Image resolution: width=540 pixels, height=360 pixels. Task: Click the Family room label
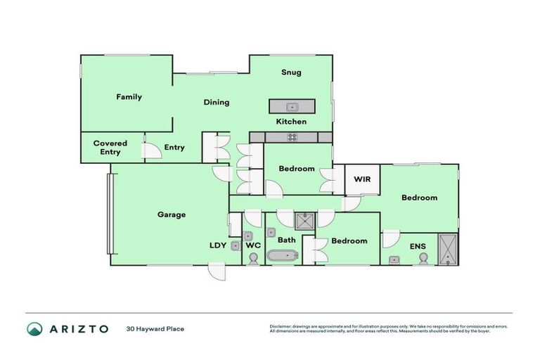coord(129,97)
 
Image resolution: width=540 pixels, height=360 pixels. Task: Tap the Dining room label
coord(217,102)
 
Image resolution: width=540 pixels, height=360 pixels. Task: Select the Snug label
coord(291,72)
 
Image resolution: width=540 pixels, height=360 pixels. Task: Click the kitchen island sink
coord(292,107)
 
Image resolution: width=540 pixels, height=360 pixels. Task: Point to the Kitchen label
coord(291,122)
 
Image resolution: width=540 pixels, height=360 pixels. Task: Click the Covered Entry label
coord(110,148)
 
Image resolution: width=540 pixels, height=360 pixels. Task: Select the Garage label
coord(172,214)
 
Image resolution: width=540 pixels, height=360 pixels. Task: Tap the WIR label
coord(362,179)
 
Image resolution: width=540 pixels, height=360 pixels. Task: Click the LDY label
coord(218,245)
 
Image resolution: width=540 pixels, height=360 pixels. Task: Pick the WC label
coord(254,245)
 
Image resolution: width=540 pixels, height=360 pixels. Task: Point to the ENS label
coord(418,246)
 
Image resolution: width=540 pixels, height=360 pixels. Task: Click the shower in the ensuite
coord(447,248)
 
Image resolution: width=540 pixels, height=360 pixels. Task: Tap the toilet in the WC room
coord(254,259)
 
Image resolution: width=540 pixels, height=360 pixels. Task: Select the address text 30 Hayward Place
coord(155,328)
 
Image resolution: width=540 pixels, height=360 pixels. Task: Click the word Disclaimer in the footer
coord(281,326)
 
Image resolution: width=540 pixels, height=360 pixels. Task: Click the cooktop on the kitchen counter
coord(292,137)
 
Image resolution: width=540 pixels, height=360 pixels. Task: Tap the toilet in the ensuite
coord(423,259)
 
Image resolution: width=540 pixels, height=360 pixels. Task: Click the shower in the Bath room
coord(305,222)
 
